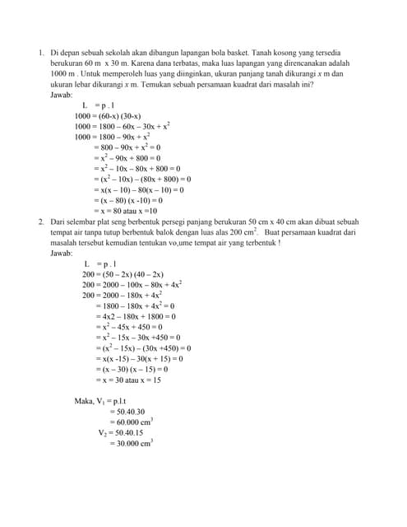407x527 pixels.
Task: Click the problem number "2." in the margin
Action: [x=41, y=222]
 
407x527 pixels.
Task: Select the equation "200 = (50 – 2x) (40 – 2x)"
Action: [x=123, y=274]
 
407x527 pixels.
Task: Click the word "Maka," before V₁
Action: [x=84, y=401]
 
